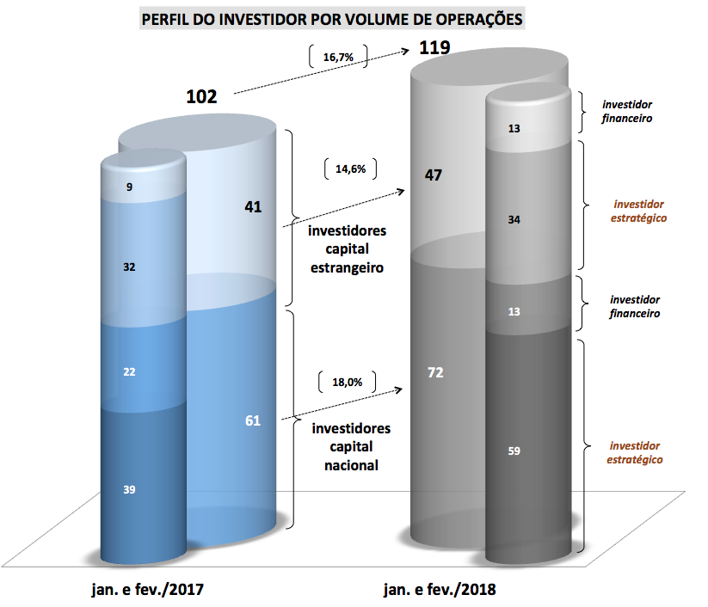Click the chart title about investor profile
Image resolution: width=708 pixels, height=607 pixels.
click(332, 19)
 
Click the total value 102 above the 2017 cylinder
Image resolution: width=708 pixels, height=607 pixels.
click(201, 95)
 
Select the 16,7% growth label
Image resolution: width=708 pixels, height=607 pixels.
click(337, 57)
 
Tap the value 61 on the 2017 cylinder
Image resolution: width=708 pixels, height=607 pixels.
click(252, 420)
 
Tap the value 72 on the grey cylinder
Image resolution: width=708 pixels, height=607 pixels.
click(435, 373)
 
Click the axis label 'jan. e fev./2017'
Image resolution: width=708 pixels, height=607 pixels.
click(148, 591)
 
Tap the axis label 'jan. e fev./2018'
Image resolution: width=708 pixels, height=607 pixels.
click(441, 591)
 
